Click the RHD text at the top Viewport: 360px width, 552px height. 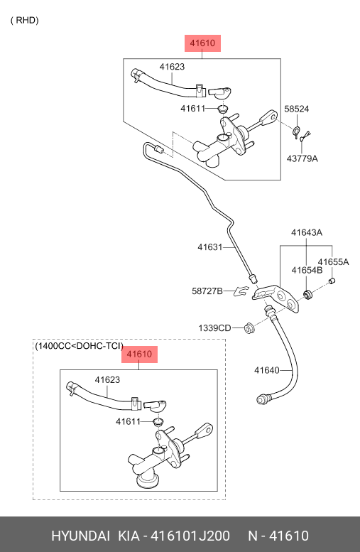pos(24,20)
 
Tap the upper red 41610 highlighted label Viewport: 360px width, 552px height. pos(202,43)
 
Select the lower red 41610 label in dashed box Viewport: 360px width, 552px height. pos(139,355)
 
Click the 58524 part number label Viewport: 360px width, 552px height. pos(297,109)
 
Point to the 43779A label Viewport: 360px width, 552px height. pos(302,158)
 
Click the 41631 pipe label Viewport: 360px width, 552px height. pos(210,247)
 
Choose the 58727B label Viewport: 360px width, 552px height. pos(207,291)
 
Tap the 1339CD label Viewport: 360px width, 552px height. pos(214,328)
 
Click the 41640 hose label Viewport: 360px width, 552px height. pos(267,370)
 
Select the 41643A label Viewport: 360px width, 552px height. pos(307,232)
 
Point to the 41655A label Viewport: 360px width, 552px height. pos(333,262)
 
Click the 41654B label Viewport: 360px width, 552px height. pos(307,270)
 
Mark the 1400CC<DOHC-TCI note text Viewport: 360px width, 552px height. pos(79,346)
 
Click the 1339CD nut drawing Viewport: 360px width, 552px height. pos(249,328)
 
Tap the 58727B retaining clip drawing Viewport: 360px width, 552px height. pos(241,291)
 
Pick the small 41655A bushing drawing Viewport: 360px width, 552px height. pos(332,281)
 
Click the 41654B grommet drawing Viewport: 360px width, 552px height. pos(308,295)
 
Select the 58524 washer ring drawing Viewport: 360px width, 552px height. pos(296,131)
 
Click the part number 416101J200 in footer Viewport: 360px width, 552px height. pos(190,536)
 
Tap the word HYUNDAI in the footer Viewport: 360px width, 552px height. pos(80,536)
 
